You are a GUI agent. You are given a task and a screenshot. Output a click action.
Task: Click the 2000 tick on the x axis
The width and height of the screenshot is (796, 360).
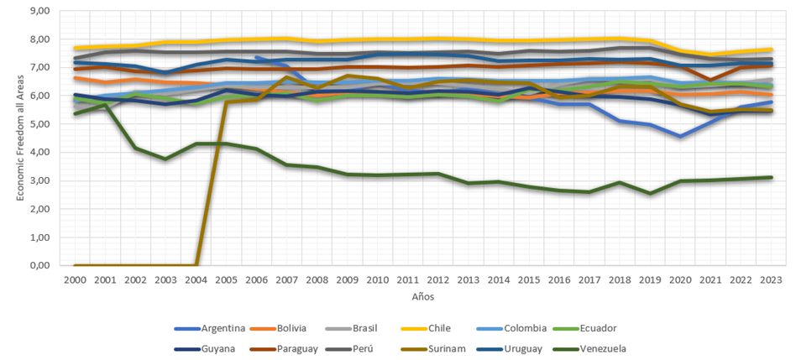[75, 279]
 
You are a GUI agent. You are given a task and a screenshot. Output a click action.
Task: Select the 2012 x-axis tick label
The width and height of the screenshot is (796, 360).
[437, 279]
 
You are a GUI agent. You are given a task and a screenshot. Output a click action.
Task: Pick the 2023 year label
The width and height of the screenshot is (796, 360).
[771, 279]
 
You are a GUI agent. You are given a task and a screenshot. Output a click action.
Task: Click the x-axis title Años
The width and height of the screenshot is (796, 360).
[422, 296]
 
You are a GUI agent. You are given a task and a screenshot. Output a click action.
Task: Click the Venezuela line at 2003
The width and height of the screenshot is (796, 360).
[166, 159]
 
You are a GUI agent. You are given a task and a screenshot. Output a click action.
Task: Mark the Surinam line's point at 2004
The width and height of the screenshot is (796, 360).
[196, 265]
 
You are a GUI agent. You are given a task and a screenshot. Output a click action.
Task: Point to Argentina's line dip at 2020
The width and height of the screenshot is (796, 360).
[680, 137]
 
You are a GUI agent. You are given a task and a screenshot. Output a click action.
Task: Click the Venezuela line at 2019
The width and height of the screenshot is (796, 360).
[650, 193]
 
